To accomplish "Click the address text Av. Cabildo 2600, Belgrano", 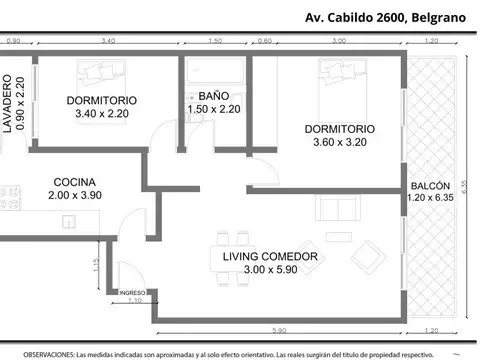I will [389, 16].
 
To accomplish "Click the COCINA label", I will [75, 182].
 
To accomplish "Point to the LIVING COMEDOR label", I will [270, 257].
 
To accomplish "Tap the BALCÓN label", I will [430, 187].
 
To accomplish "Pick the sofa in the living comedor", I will [337, 208].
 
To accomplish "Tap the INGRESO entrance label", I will [133, 293].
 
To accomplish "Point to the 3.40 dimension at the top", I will [110, 41].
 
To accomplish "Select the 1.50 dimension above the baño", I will [215, 41].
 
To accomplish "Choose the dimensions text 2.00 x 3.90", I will [75, 196].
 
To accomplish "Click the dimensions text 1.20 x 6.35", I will [430, 200].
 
